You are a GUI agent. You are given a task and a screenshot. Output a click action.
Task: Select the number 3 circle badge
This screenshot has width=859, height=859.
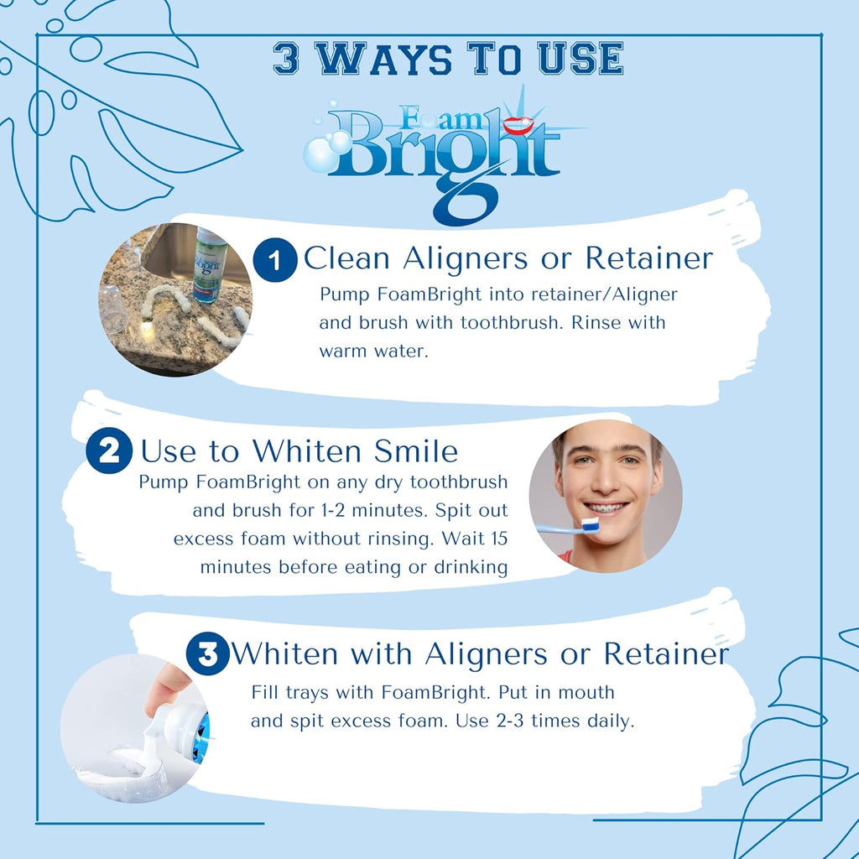[207, 654]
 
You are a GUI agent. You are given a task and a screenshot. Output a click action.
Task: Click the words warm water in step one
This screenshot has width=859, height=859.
[373, 351]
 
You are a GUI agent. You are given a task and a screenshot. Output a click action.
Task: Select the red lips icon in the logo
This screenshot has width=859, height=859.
[513, 126]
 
